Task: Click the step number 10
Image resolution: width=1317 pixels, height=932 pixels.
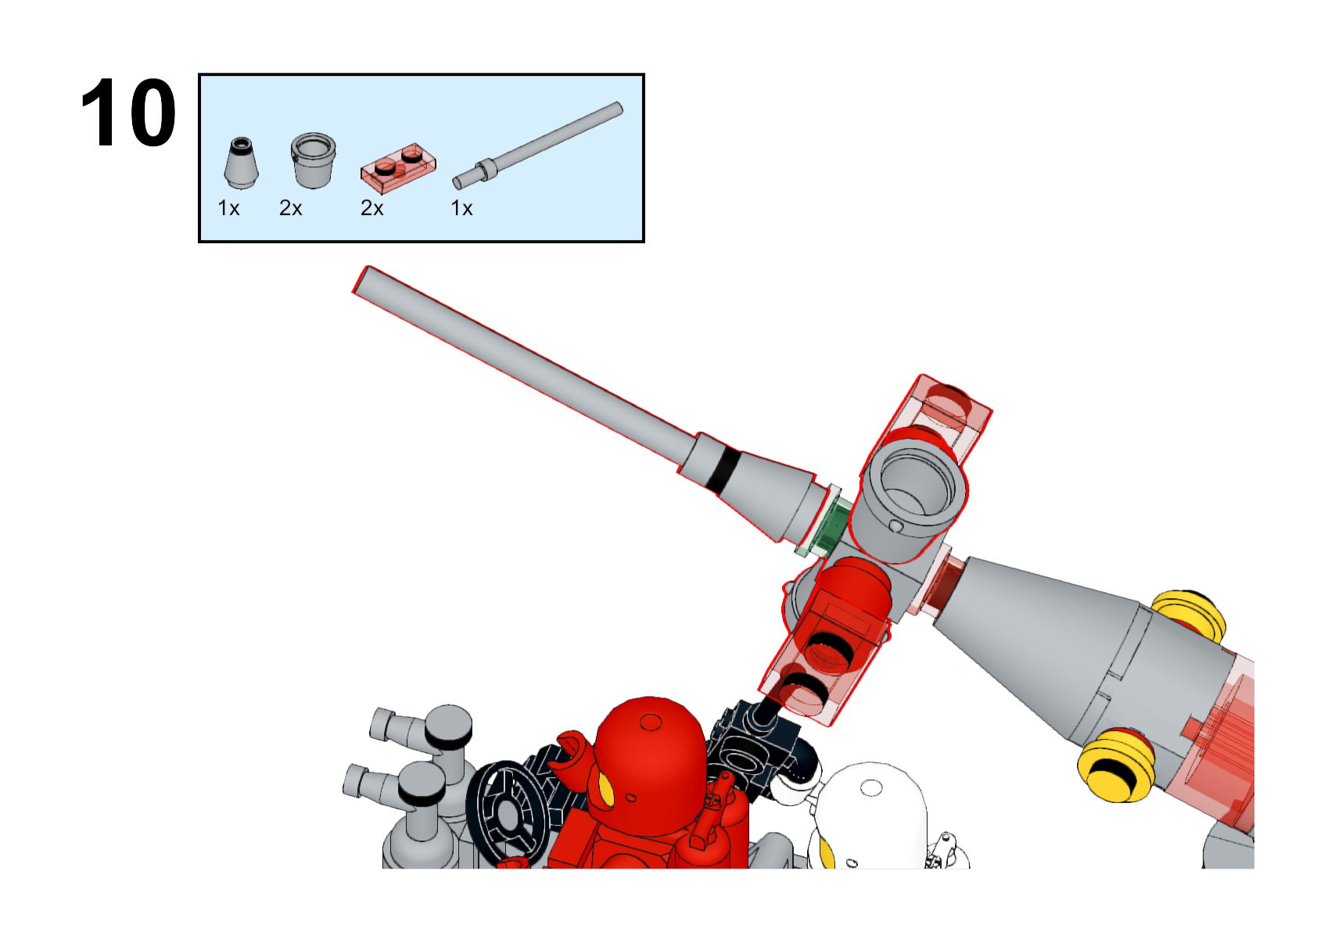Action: [x=128, y=113]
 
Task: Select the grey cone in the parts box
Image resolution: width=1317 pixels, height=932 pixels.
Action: [x=241, y=163]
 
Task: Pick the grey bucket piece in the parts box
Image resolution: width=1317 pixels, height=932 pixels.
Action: [x=314, y=160]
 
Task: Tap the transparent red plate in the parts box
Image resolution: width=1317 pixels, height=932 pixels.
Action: [x=398, y=167]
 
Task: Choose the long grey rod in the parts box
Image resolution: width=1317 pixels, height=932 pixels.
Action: [x=537, y=145]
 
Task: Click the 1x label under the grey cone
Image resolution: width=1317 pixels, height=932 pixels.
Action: [x=228, y=208]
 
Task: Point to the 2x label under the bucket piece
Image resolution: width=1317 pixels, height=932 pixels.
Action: [x=290, y=208]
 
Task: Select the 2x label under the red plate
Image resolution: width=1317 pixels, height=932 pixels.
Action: [x=371, y=208]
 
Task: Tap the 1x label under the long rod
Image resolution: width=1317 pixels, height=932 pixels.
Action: [x=461, y=208]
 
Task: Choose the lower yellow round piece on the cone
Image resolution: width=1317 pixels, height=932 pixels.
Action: [x=1116, y=764]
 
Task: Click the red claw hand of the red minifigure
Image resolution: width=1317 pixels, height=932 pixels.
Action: [x=569, y=752]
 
